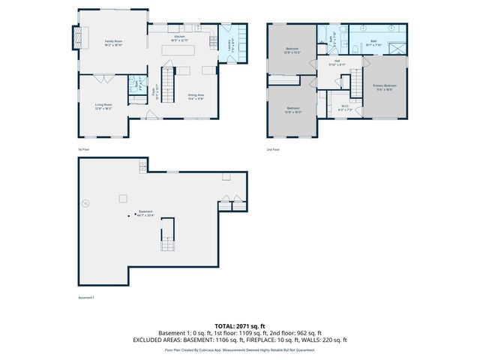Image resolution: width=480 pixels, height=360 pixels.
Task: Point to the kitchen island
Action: (180, 50)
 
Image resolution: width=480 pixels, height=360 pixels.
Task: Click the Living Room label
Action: (103, 106)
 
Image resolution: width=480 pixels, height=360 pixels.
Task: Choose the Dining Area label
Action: (196, 97)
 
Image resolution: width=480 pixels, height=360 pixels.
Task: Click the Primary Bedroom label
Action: (385, 87)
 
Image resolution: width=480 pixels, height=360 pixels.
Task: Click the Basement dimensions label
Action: (145, 214)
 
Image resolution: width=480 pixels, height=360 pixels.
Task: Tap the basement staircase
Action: (166, 238)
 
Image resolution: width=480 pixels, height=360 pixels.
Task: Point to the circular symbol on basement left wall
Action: (85, 202)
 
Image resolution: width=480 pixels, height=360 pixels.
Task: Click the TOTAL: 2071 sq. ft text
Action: (239, 326)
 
